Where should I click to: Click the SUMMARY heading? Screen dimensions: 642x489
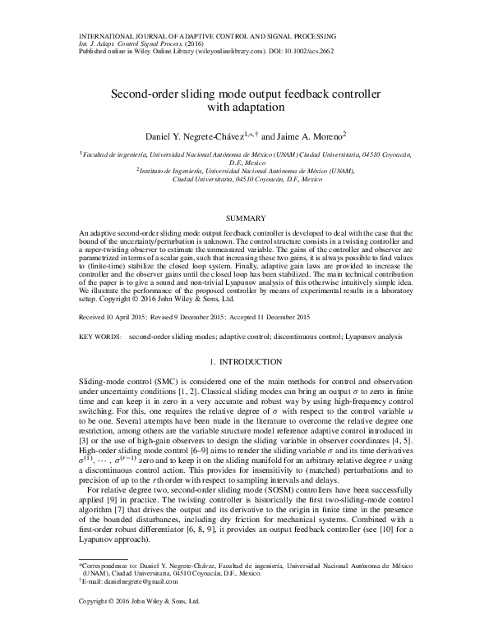[x=244, y=218]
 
